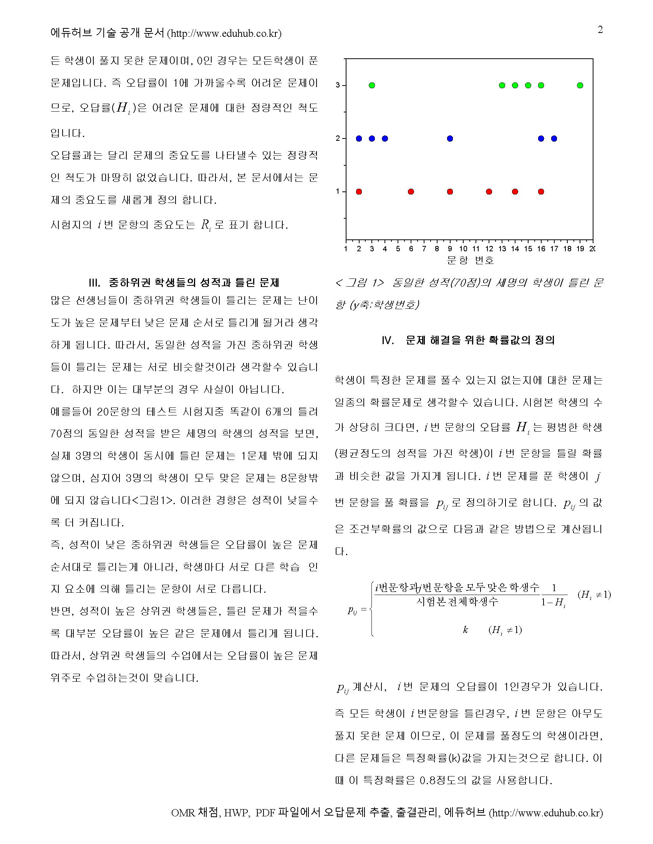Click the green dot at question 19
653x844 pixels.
pos(580,86)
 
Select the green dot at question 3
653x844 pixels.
pos(372,86)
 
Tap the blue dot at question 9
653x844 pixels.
pos(450,138)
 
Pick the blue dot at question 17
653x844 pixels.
pos(554,138)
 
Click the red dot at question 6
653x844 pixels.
pos(411,192)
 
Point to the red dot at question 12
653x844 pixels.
pos(489,192)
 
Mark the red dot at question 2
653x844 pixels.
pos(359,192)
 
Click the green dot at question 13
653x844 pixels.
pos(502,86)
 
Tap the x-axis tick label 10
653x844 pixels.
pos(463,249)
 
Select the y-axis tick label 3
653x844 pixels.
pos(338,86)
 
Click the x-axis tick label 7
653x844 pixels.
pos(424,249)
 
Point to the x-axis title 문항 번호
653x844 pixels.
pos(471,260)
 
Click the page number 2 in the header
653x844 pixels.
pos(600,30)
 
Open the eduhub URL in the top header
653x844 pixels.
pos(224,34)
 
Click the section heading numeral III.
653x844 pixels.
pos(94,283)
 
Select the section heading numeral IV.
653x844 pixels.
pos(388,340)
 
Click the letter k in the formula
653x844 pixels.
pos(466,630)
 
